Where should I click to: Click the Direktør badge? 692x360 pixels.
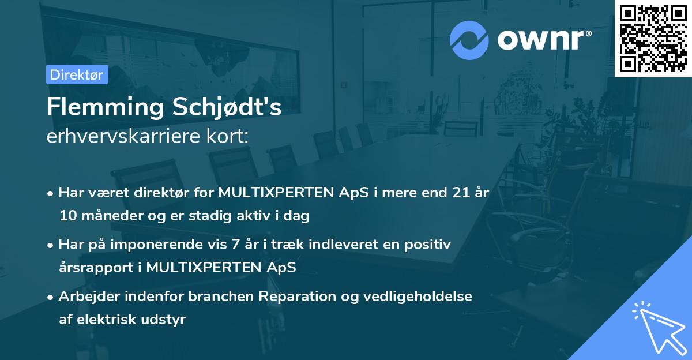coord(77,74)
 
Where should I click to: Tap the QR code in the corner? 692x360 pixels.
coord(653,39)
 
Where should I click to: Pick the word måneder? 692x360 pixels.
coord(107,216)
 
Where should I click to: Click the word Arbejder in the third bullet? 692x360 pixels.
coord(86,297)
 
